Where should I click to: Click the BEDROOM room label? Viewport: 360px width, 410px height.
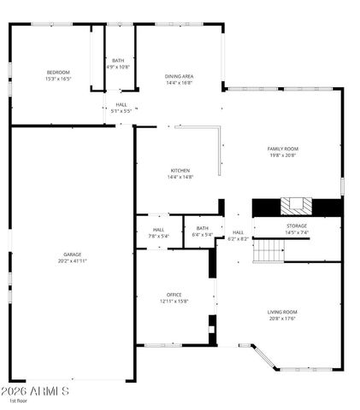pyautogui.click(x=58, y=72)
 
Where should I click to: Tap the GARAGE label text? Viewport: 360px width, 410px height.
pyautogui.click(x=73, y=255)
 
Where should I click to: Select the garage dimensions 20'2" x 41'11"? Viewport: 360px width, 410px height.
pyautogui.click(x=73, y=261)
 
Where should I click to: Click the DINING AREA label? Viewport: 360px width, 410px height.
pyautogui.click(x=179, y=76)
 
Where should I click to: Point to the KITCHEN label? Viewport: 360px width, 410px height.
pyautogui.click(x=180, y=170)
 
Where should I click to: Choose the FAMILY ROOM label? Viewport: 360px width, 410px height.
pyautogui.click(x=284, y=149)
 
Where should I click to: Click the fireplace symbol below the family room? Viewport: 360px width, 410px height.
pyautogui.click(x=296, y=206)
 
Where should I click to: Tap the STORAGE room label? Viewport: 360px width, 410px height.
pyautogui.click(x=297, y=225)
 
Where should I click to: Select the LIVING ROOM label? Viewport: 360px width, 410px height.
pyautogui.click(x=283, y=312)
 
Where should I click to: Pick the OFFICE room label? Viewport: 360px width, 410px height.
pyautogui.click(x=174, y=295)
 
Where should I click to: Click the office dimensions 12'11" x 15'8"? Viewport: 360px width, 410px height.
pyautogui.click(x=174, y=301)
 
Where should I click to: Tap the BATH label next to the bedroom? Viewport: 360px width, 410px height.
pyautogui.click(x=118, y=60)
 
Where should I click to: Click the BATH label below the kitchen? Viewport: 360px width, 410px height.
pyautogui.click(x=202, y=228)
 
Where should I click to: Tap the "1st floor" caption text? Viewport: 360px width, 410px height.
pyautogui.click(x=19, y=401)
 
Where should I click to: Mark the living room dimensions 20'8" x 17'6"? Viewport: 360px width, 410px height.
pyautogui.click(x=283, y=318)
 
